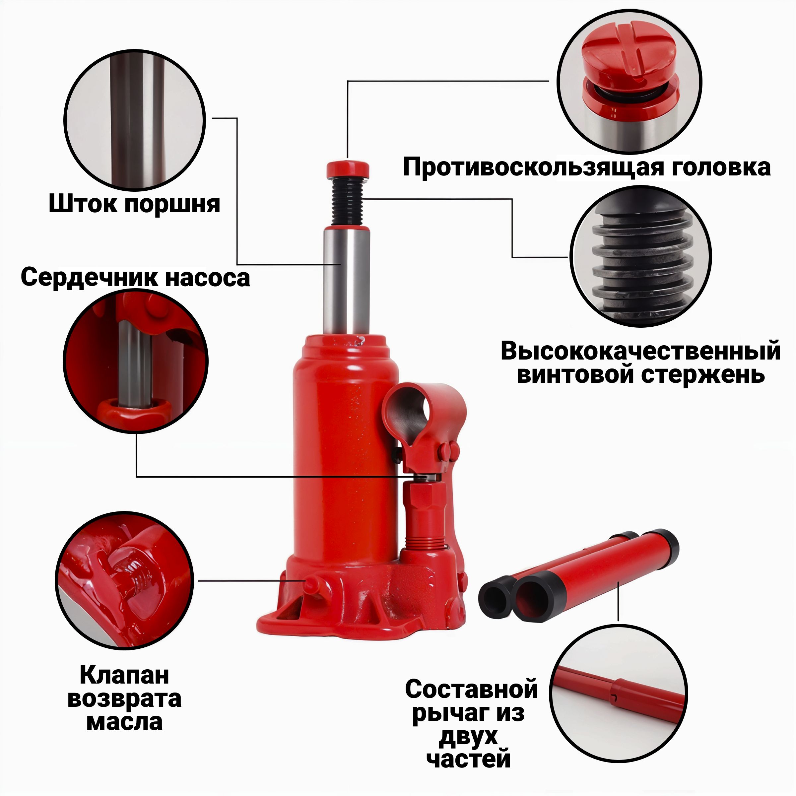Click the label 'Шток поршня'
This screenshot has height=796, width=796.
[x=134, y=204]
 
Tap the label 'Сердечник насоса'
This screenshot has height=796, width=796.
[x=135, y=277]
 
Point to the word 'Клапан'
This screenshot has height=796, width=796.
[x=124, y=675]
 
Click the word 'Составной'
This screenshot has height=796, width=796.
[x=471, y=689]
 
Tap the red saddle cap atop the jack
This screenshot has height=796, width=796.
[x=348, y=169]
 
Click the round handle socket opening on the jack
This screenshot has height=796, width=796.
[x=410, y=412]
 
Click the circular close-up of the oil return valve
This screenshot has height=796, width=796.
[x=125, y=581]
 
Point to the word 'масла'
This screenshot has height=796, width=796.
[x=124, y=723]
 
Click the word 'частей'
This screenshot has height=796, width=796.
[x=468, y=759]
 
